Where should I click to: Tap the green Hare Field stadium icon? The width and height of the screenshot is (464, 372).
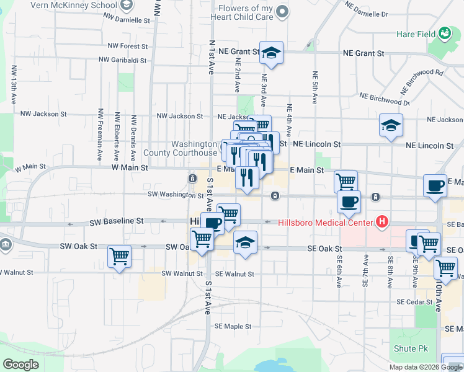point(444,33)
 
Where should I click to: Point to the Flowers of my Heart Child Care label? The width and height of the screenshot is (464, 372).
point(246,13)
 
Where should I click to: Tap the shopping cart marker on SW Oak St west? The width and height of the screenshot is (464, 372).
point(119,256)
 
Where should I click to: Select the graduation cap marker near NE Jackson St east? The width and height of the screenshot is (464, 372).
point(391,125)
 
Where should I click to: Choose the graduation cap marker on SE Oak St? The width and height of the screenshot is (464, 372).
point(246,242)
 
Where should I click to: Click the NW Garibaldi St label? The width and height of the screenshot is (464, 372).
point(126,61)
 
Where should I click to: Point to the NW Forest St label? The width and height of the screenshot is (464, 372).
point(127,46)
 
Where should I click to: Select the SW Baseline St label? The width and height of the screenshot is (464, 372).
point(116,221)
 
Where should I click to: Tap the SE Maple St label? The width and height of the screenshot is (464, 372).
point(233,326)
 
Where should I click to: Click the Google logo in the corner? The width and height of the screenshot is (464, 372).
point(20,365)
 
